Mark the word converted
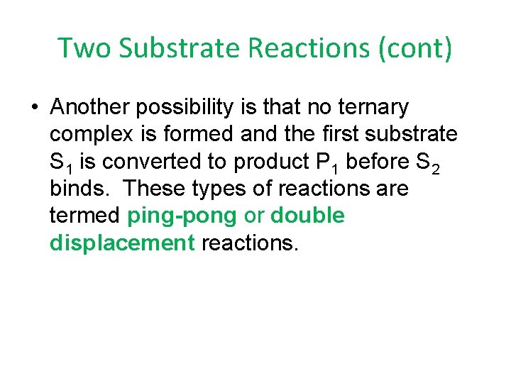[x=153, y=162]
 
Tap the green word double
[x=308, y=216]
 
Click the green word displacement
[x=122, y=244]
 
